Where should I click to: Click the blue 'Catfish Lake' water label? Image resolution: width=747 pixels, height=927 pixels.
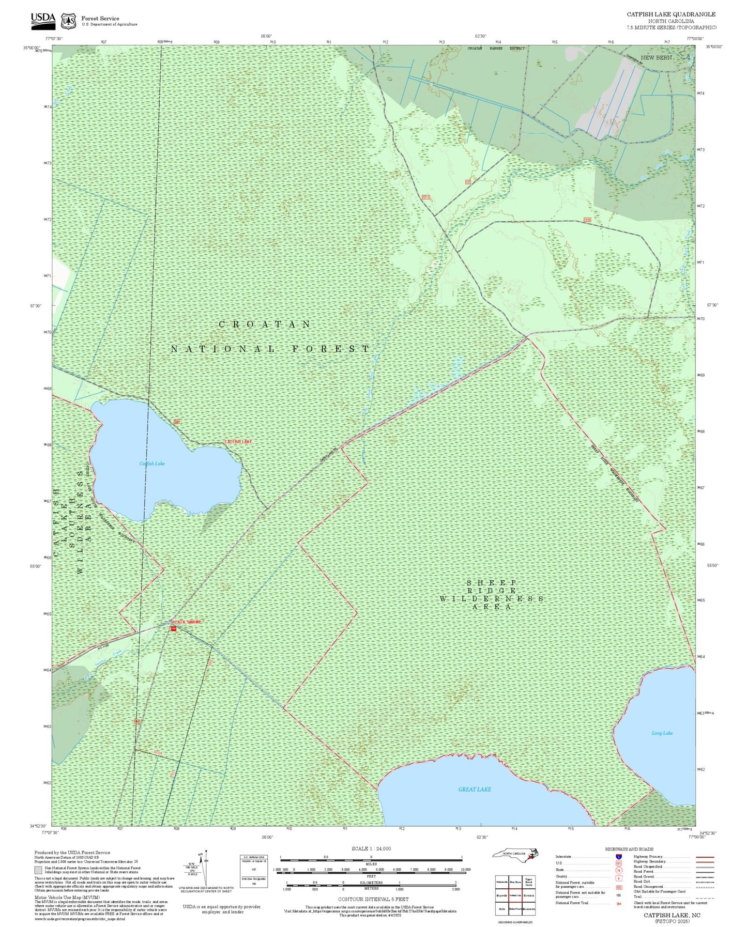coord(152,463)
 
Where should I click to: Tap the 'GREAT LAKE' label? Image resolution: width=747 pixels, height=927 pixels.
coord(474,789)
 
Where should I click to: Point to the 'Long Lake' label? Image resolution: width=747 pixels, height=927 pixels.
coord(662,733)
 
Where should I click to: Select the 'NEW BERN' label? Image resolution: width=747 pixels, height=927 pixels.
coord(656,57)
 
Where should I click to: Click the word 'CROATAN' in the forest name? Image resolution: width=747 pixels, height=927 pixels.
coord(265,325)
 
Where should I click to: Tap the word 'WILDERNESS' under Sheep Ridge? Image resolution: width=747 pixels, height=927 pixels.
coord(491,598)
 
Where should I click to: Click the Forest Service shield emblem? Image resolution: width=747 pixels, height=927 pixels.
coord(68,21)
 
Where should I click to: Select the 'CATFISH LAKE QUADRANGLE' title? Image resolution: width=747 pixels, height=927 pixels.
coord(671,14)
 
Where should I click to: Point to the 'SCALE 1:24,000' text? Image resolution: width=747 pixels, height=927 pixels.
coord(371,848)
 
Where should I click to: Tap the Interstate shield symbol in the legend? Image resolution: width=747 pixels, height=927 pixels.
coord(618,857)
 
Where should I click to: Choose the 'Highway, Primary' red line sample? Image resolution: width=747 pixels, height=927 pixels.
coord(705,857)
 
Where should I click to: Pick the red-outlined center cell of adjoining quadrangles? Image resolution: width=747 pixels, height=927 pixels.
coord(515,895)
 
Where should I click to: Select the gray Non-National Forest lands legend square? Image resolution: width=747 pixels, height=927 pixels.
coord(38,870)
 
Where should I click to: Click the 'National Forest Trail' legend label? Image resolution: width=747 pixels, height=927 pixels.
coord(572,903)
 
